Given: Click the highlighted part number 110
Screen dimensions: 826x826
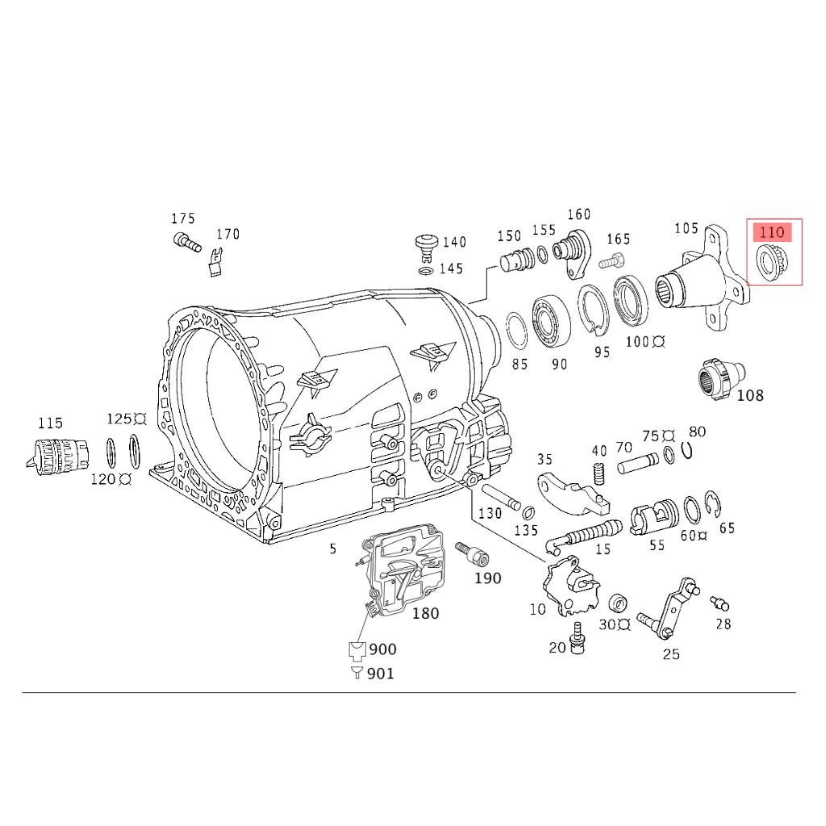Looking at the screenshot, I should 772,232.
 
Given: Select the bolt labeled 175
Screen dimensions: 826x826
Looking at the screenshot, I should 186,240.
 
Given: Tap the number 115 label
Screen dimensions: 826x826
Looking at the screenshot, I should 49,423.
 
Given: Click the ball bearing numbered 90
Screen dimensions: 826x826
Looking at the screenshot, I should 551,323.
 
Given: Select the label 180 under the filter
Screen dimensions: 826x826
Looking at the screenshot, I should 425,614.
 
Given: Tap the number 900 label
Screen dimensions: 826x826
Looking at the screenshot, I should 382,649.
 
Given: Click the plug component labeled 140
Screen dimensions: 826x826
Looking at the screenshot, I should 425,244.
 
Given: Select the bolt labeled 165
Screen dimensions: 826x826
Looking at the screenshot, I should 612,261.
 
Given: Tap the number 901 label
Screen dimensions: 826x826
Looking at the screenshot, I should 381,674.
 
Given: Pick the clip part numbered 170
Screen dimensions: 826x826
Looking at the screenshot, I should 215,263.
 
